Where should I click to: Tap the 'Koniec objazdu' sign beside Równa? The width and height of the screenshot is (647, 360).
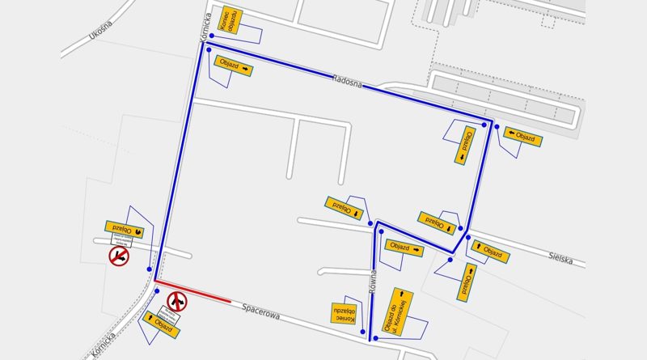coord(345,313)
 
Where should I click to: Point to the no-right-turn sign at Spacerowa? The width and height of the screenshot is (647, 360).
coord(177,303)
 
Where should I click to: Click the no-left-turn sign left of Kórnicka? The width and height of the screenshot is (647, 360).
coord(120,256)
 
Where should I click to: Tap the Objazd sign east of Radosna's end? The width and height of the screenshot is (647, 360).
coord(521,135)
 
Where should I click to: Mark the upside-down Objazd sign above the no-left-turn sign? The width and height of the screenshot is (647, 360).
coord(124,230)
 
